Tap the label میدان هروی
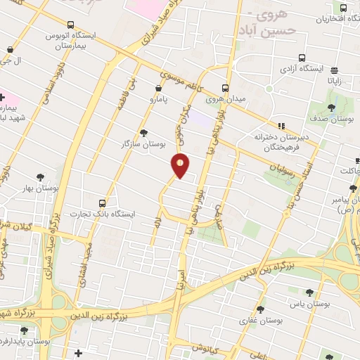(x=226, y=100)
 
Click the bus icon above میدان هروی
(x=226, y=89)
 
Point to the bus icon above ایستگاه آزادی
(x=302, y=58)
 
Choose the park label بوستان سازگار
(x=143, y=143)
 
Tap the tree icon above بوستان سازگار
(x=144, y=132)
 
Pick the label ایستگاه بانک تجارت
(x=104, y=212)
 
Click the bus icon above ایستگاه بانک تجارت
(x=104, y=202)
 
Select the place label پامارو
(x=160, y=101)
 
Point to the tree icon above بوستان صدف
(x=332, y=108)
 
